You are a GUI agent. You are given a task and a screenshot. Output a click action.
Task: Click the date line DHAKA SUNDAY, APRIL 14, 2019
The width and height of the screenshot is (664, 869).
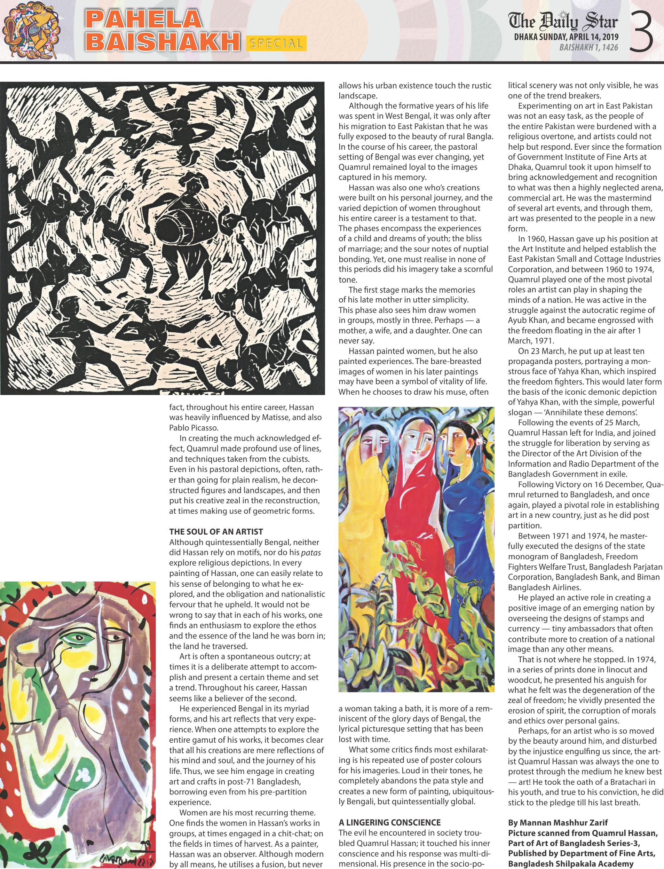pos(566,38)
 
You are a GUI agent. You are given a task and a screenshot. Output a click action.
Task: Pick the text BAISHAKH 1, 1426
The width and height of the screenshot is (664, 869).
pos(588,48)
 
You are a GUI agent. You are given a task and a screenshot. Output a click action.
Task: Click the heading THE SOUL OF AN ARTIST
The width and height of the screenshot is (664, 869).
pos(216,531)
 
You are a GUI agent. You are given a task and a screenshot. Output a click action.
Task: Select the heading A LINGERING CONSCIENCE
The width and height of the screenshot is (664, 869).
pos(389,822)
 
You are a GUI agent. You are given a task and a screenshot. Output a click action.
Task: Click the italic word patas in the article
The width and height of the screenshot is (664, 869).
pos(311,552)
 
